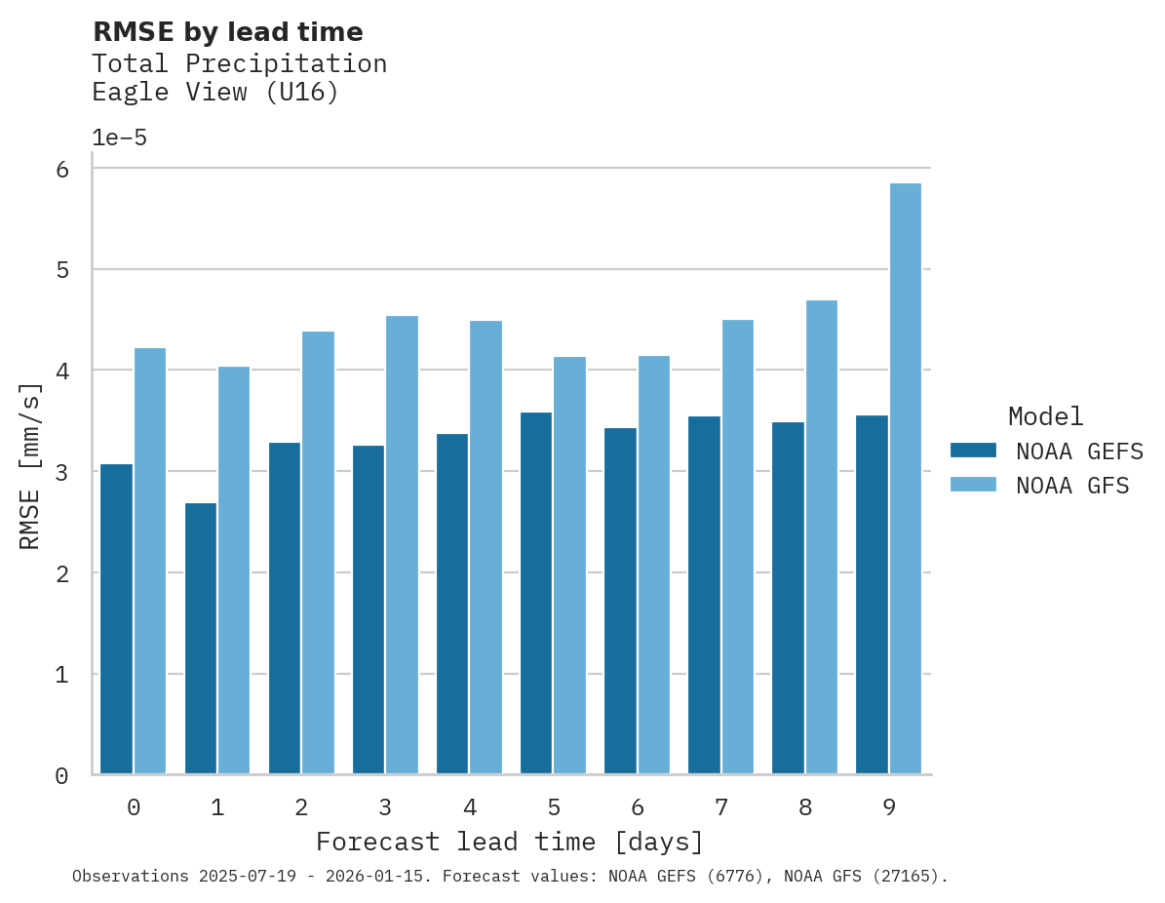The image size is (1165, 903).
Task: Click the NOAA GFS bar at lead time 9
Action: coord(905,479)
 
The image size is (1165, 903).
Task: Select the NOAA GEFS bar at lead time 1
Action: coord(200,639)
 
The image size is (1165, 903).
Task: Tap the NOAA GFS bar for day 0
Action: coord(150,561)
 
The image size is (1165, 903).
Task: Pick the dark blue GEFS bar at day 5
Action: coord(535,593)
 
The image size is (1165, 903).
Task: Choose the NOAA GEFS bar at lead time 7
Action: coord(704,595)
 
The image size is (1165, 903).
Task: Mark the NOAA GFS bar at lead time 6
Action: coord(653,565)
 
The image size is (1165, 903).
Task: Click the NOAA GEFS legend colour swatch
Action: coord(973,450)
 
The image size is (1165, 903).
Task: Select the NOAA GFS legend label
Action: coord(1072,486)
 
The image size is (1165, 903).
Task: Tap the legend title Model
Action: coord(1045,416)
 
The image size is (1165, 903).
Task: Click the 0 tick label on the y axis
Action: coord(61,776)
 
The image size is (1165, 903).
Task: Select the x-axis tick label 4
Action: coord(469,807)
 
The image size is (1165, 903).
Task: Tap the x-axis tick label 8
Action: coord(804,807)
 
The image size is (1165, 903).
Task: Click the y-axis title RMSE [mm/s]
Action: coord(30,466)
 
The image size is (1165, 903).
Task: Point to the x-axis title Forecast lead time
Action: coord(509,842)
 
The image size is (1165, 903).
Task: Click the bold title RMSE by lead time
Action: coord(227,32)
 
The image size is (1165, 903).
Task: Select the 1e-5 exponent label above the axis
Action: coord(119,137)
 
